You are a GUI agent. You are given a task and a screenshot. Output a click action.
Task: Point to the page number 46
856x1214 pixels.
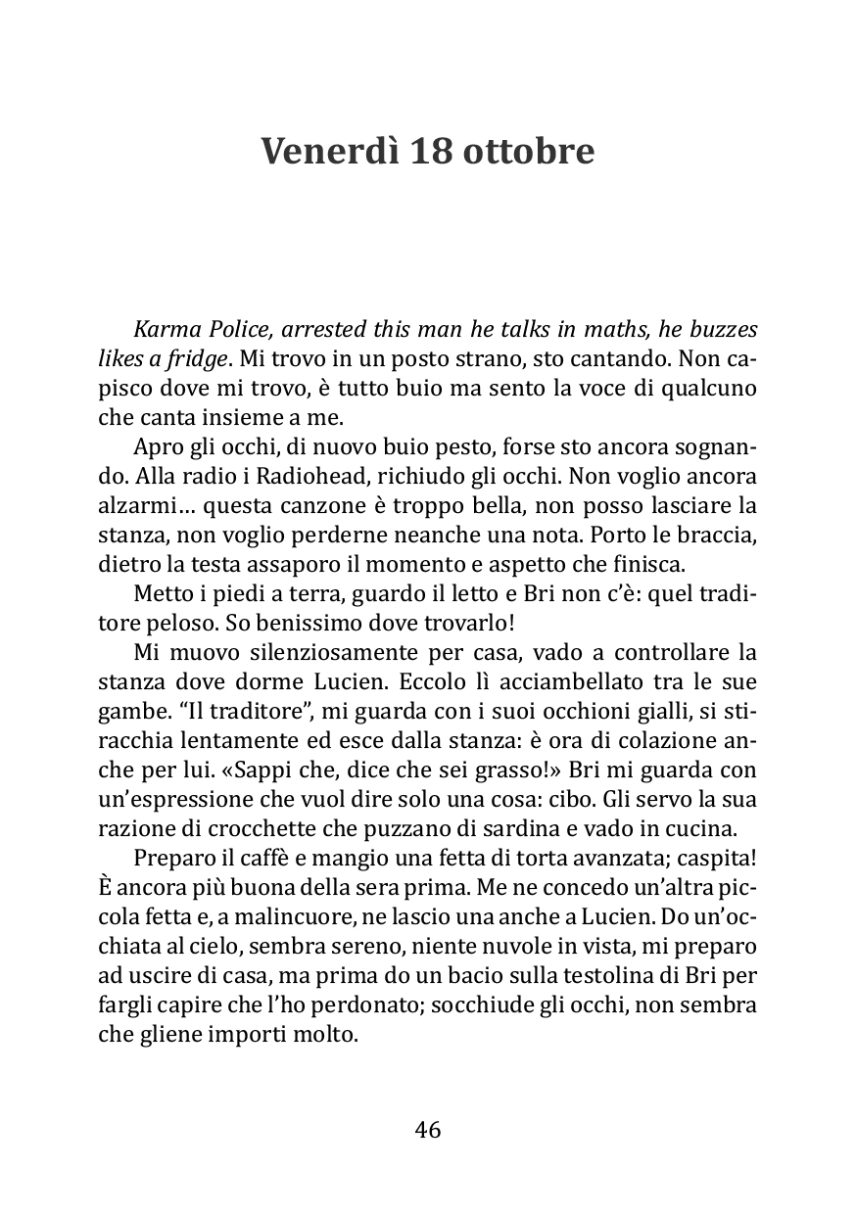[428, 1130]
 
